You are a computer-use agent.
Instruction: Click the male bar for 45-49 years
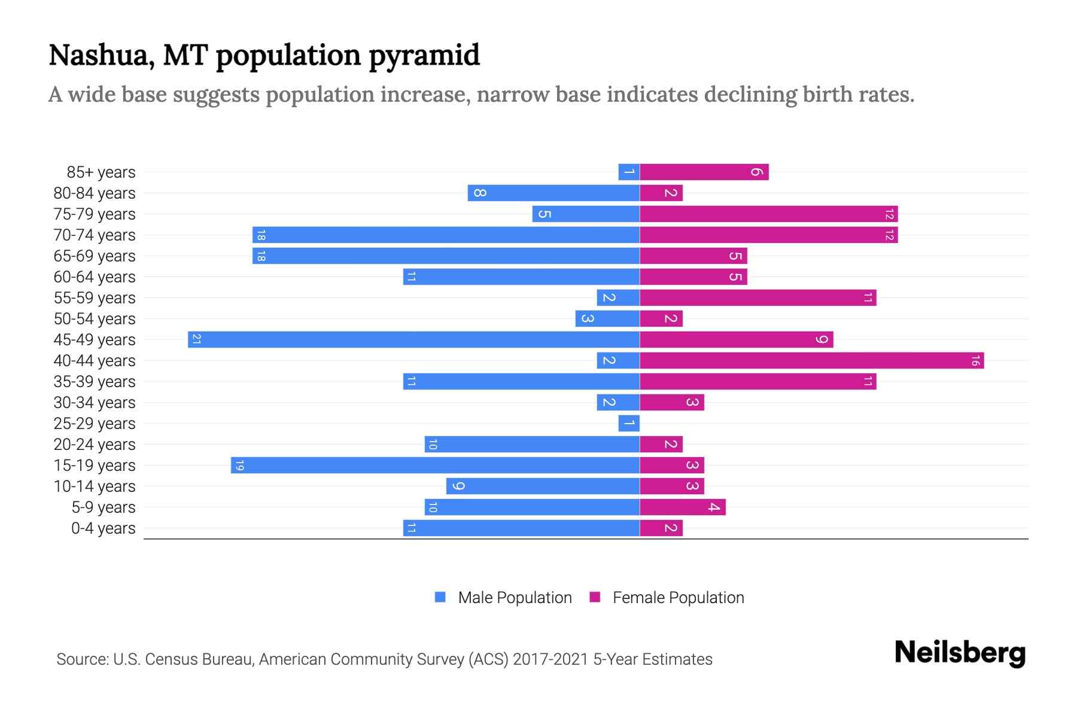413,339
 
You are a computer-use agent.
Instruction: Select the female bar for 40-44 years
811,360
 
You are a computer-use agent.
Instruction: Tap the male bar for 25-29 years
629,423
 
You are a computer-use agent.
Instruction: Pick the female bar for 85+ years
704,172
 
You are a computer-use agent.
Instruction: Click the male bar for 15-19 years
435,465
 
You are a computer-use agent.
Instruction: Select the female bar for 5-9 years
682,507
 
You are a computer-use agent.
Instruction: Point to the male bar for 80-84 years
553,193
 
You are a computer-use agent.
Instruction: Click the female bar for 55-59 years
757,297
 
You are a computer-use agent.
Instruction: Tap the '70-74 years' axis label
95,235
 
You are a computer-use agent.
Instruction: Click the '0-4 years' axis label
103,528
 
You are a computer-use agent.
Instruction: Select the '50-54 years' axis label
95,319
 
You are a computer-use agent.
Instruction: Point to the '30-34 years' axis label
95,403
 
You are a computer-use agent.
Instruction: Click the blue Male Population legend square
440,597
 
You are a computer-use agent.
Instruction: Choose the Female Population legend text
678,597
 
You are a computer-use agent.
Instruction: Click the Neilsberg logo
960,653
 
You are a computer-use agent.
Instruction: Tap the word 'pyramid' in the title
424,56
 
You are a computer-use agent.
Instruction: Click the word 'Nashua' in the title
98,56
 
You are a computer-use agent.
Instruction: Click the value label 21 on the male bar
196,339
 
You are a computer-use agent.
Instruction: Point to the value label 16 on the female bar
975,360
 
